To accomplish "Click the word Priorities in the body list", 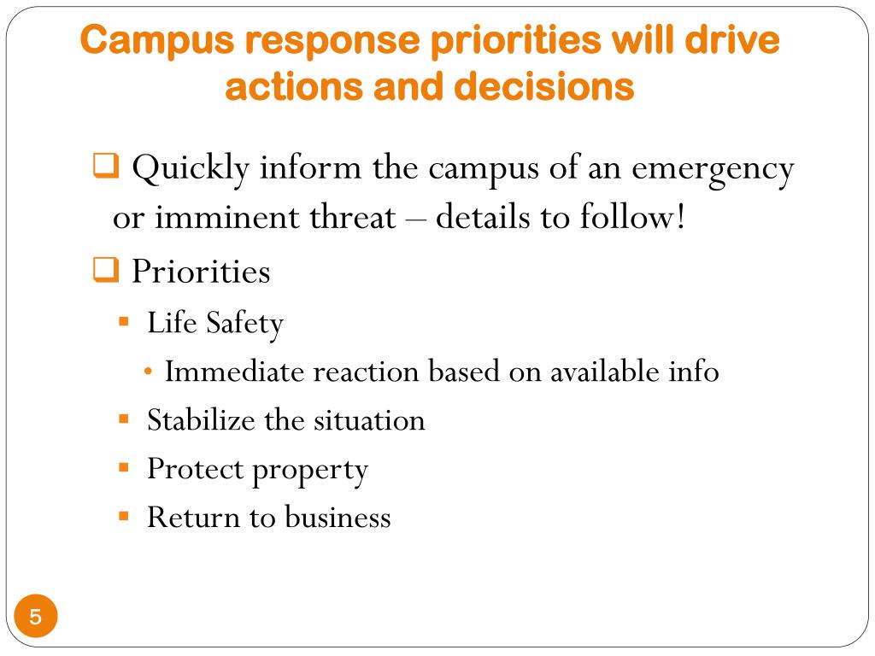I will point(201,272).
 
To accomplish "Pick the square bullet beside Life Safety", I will point(124,323).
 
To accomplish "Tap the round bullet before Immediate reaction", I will point(150,372).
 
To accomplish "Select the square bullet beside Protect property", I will point(124,468).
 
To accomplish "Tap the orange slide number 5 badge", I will point(35,617).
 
